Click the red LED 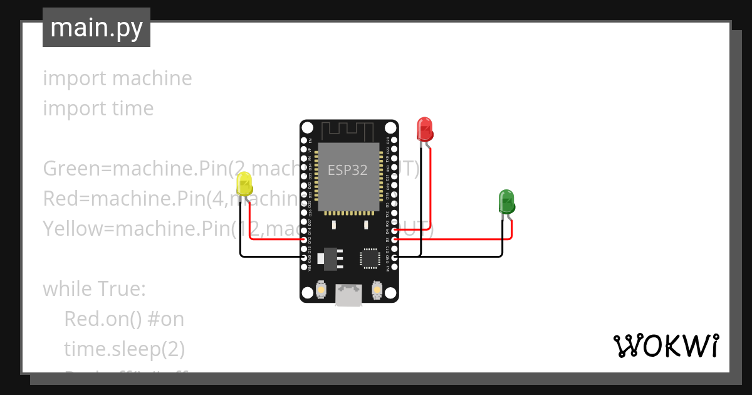click(424, 129)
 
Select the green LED click(506, 202)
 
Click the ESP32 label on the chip click(348, 171)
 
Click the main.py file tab click(97, 28)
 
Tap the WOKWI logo click(665, 346)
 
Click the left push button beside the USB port click(321, 289)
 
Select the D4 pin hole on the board click(394, 231)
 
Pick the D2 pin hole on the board click(394, 240)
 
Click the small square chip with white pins click(370, 258)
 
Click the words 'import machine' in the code click(117, 78)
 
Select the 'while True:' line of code click(94, 289)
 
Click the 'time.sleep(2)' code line click(124, 349)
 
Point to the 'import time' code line click(98, 108)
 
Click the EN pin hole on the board click(305, 140)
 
